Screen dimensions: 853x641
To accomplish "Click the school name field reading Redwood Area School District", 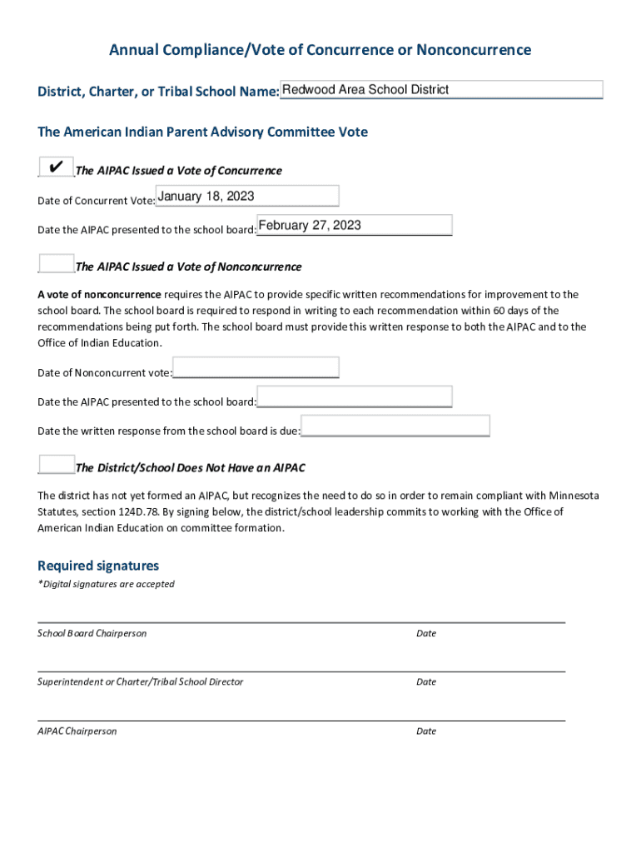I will pos(441,90).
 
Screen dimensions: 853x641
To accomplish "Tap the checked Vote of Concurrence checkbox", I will pos(56,167).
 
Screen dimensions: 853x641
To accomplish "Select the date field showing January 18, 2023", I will pos(247,197).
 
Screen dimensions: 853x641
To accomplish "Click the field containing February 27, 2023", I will pos(355,226).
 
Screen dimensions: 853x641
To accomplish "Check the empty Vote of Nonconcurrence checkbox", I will pos(56,264).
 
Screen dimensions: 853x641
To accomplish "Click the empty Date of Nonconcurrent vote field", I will pos(256,367).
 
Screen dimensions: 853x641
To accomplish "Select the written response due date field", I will pos(395,426).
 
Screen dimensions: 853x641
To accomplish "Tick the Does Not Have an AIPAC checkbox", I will pos(56,466).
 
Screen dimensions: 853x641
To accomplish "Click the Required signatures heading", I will pos(98,566).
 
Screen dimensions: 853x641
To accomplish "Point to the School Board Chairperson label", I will pos(92,633).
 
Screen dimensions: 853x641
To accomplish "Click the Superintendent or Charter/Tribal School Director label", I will pos(141,681).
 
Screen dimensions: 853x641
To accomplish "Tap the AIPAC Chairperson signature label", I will pos(77,731).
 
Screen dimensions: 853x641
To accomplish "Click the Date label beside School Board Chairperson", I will pos(426,633).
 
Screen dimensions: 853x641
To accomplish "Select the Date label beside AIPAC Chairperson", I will pos(426,731).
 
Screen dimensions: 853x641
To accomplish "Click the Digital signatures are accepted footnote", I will pos(107,584).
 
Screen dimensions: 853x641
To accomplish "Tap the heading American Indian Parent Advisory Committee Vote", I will pos(202,132).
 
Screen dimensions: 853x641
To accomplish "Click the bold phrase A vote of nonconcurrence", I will pos(100,294).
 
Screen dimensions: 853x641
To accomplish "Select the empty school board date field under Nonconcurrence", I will pos(355,397).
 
